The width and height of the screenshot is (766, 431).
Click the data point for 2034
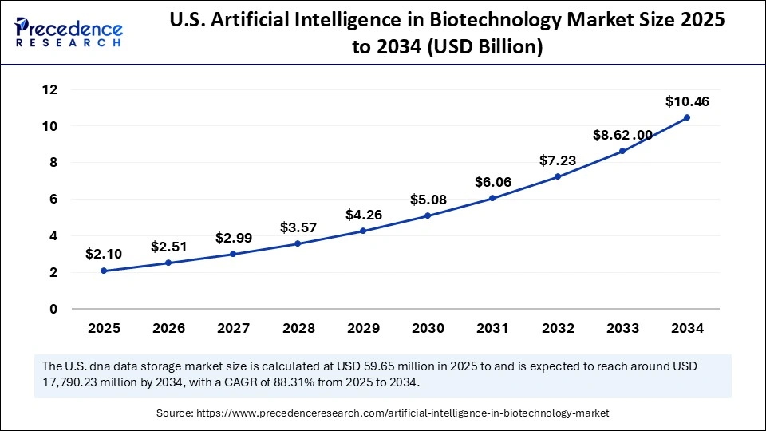[x=687, y=117]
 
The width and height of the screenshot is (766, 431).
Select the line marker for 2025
[x=105, y=271]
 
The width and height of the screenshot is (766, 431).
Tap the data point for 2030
[x=428, y=215]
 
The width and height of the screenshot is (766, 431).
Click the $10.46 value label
[x=687, y=101]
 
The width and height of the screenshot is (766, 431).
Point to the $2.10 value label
[x=105, y=255]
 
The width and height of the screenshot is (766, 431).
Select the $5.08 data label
[x=428, y=199]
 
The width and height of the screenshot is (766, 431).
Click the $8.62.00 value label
[x=622, y=135]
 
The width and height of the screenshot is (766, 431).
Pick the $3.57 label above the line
[x=298, y=227]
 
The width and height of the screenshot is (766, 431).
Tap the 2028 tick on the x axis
[x=298, y=327]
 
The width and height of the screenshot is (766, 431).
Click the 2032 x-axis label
[x=557, y=327]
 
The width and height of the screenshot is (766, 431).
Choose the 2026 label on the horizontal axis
[x=169, y=327]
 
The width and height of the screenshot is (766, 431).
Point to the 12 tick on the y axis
[x=49, y=89]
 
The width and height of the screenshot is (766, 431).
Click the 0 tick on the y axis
[x=53, y=309]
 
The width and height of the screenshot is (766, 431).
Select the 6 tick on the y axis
[x=53, y=200]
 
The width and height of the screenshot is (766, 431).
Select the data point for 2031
[x=492, y=198]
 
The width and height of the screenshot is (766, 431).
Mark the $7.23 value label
[x=557, y=160]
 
